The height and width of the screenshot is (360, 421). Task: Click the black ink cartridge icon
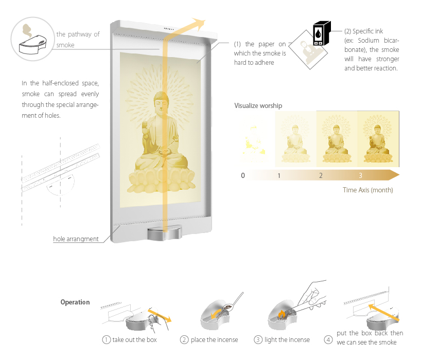pyautogui.click(x=322, y=33)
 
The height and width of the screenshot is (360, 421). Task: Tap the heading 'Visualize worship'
pyautogui.click(x=258, y=106)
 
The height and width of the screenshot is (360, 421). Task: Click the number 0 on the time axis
pyautogui.click(x=243, y=175)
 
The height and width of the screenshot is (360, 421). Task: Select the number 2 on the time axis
pyautogui.click(x=321, y=175)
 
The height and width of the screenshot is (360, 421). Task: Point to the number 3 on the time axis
pyautogui.click(x=360, y=175)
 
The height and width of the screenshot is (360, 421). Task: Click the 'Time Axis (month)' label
pyautogui.click(x=368, y=190)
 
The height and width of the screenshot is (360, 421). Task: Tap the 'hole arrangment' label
pyautogui.click(x=76, y=239)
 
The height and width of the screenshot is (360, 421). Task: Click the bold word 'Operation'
pyautogui.click(x=75, y=302)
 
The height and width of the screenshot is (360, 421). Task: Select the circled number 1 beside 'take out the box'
pyautogui.click(x=107, y=339)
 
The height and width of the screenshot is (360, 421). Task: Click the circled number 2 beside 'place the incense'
pyautogui.click(x=184, y=339)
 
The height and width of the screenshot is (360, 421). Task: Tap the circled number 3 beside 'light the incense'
pyautogui.click(x=258, y=339)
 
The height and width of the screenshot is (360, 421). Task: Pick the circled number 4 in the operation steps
pyautogui.click(x=328, y=339)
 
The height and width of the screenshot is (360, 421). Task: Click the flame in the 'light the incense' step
pyautogui.click(x=281, y=314)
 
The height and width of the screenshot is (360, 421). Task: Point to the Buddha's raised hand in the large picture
pyautogui.click(x=145, y=128)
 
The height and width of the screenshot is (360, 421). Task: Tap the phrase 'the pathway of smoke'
pyautogui.click(x=78, y=40)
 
